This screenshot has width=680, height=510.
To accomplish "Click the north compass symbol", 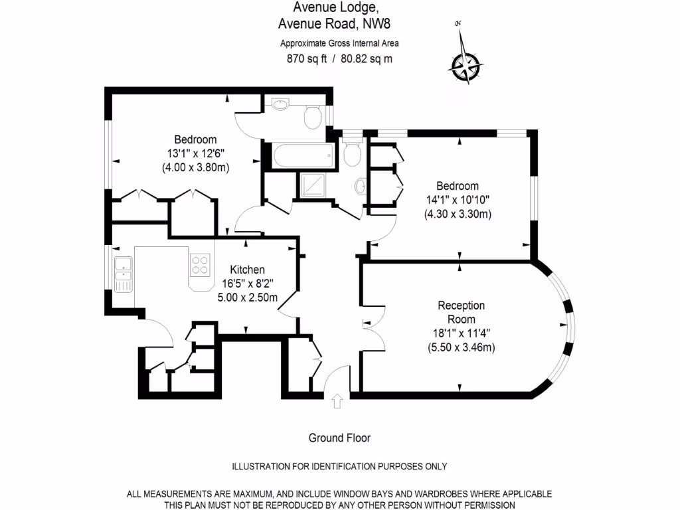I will pyautogui.click(x=466, y=65).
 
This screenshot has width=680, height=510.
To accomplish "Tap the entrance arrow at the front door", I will pyautogui.click(x=337, y=400).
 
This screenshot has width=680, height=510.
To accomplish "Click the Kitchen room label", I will pyautogui.click(x=248, y=270).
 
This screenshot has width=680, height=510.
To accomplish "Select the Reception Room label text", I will pyautogui.click(x=461, y=312).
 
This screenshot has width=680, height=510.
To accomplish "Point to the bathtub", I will pyautogui.click(x=301, y=157).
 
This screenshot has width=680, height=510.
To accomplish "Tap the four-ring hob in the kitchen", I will pyautogui.click(x=200, y=266).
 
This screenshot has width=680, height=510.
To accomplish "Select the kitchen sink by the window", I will pyautogui.click(x=124, y=274).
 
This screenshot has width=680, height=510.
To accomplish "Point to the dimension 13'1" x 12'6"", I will pyautogui.click(x=195, y=153).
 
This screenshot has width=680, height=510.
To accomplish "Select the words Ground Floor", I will pyautogui.click(x=339, y=438).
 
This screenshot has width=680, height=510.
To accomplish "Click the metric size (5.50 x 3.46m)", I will pyautogui.click(x=461, y=347).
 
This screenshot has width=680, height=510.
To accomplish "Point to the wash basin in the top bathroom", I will pyautogui.click(x=280, y=105).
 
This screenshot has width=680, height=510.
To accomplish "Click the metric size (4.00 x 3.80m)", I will pyautogui.click(x=195, y=167).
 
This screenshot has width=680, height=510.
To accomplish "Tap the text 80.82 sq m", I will pyautogui.click(x=366, y=58).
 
